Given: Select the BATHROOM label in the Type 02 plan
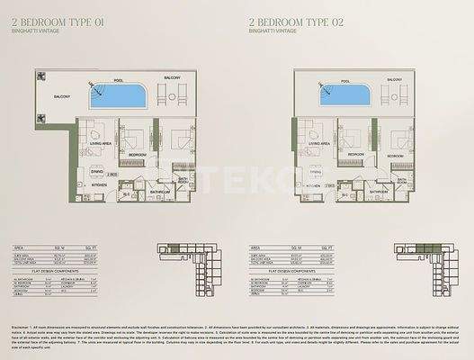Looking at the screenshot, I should click(379, 192).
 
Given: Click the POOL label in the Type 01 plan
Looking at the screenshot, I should click(118, 80).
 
